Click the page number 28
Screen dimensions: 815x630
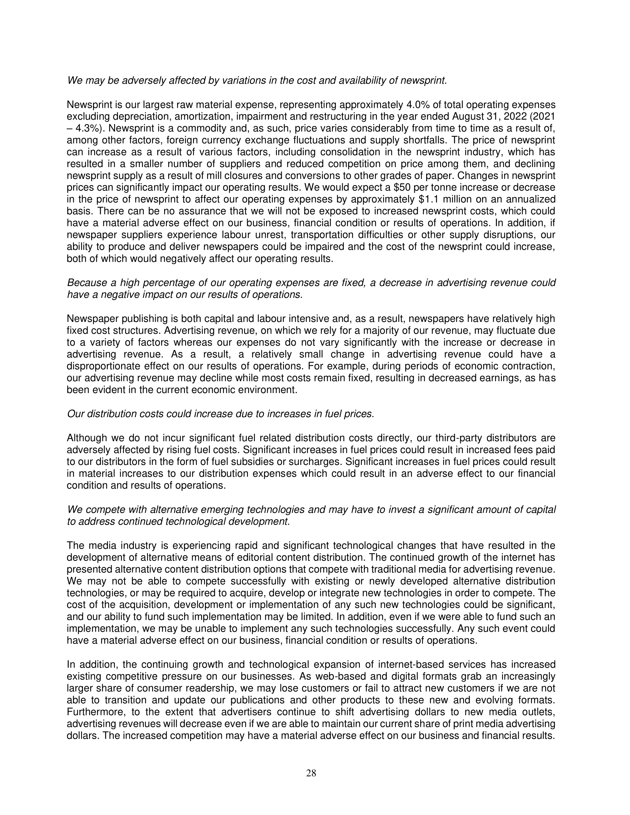311,774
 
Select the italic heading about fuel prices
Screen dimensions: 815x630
220,414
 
